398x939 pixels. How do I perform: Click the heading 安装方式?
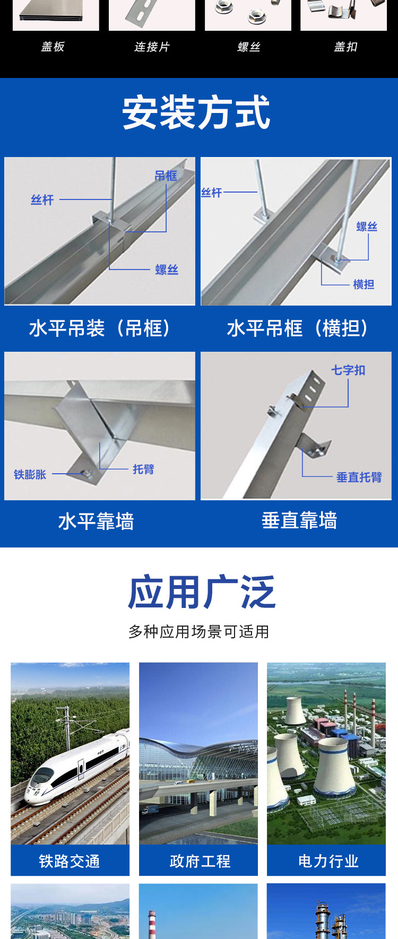pos(196,112)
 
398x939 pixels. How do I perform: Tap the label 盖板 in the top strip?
pos(53,47)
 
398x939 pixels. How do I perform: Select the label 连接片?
pos(152,47)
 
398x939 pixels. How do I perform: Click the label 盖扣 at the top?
pos(345,47)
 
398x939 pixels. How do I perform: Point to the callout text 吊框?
pos(166,176)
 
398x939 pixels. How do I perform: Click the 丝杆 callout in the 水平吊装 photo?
pos(42,200)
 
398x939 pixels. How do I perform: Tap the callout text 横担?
pos(364,284)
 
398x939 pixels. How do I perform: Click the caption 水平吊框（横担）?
pos(297,328)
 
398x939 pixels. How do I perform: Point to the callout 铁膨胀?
pos(30,474)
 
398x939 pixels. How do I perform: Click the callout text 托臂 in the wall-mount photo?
pos(143,469)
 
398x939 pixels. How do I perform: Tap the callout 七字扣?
pos(348,370)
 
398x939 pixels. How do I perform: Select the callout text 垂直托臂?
pos(359,477)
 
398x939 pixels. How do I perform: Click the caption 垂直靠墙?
pos(299,520)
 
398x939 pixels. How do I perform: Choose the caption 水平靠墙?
pos(96,521)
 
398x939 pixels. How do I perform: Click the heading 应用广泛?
pos(202,592)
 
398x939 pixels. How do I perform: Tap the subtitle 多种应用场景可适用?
pos(198,632)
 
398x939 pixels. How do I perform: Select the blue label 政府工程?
pos(200,861)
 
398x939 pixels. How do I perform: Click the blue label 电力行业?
pos(328,861)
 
